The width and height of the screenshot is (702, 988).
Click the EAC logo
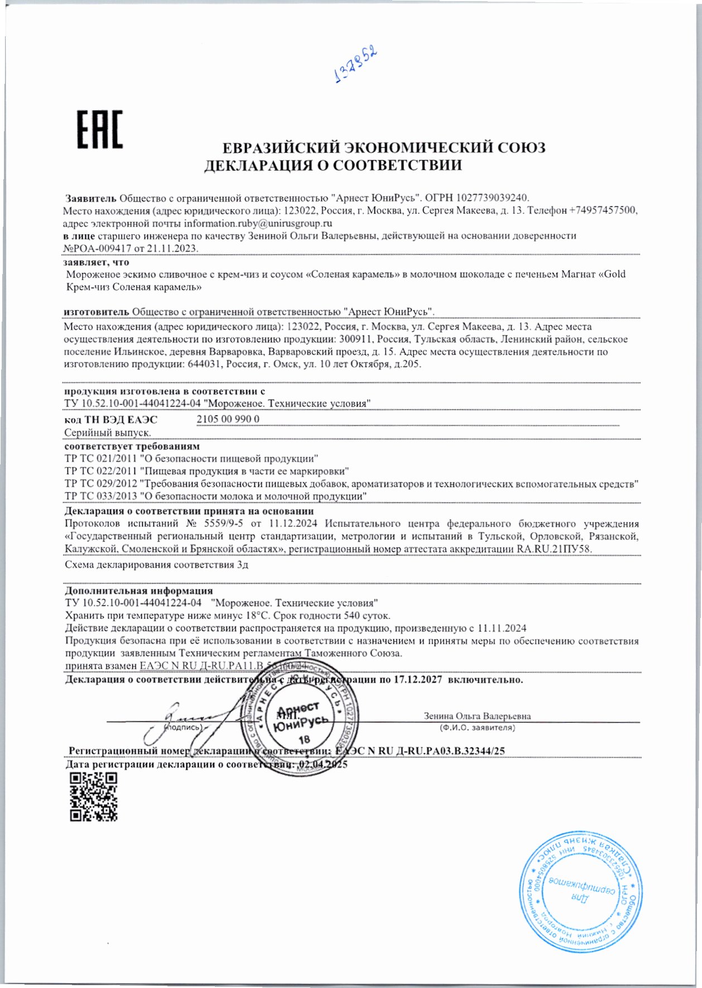click(x=100, y=131)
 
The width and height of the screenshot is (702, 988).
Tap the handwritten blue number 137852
click(x=356, y=65)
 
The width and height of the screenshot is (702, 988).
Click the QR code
click(x=93, y=797)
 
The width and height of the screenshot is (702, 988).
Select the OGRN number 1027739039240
click(x=492, y=198)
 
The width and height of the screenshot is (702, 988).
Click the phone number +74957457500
click(x=603, y=210)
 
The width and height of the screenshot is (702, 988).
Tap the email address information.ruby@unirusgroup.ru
click(x=258, y=223)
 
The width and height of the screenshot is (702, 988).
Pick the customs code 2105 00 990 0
click(x=228, y=419)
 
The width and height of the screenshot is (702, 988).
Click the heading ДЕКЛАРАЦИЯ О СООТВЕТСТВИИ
click(x=333, y=165)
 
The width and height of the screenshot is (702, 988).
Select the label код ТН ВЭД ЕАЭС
click(x=111, y=420)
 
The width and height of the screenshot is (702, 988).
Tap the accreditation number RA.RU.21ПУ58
click(x=554, y=549)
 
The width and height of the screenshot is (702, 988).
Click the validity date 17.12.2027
click(x=418, y=680)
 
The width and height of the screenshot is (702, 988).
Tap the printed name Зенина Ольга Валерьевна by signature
click(x=477, y=716)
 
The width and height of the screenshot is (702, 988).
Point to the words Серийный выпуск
click(x=108, y=433)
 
